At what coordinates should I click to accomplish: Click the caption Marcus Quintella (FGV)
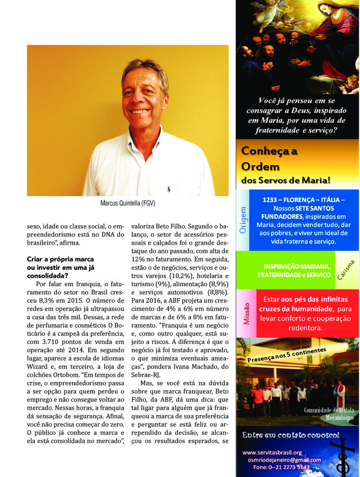pyautogui.click(x=127, y=203)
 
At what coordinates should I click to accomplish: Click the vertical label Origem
pyautogui.click(x=243, y=220)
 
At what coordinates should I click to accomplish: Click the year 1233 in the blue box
pyautogui.click(x=271, y=200)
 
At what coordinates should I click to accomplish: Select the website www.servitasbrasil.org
pyautogui.click(x=272, y=452)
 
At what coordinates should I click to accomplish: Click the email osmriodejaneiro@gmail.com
pyautogui.click(x=284, y=460)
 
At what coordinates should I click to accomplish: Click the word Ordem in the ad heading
pyautogui.click(x=260, y=166)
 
